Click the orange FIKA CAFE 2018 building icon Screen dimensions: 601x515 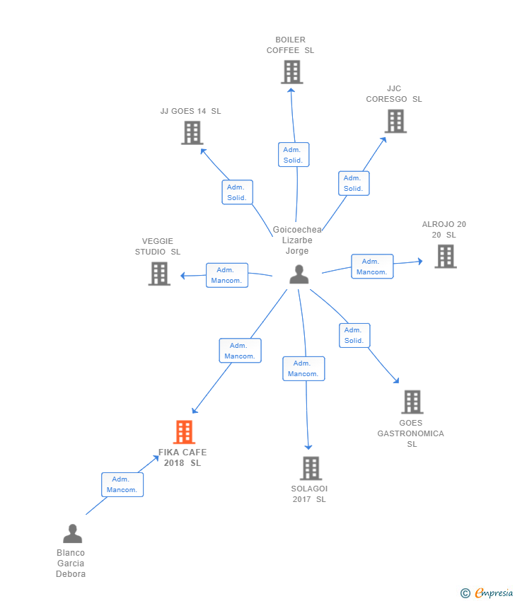pos(184,432)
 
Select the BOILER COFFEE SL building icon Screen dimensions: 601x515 pos(291,72)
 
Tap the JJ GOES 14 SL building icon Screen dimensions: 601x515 pos(192,133)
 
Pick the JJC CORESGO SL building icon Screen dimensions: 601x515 pos(395,121)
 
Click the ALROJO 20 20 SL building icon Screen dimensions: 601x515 pos(445,257)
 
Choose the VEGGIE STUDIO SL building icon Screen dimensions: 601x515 pos(159,274)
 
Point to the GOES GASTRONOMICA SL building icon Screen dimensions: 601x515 pos(412,402)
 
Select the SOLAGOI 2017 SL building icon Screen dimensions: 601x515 pos(311,468)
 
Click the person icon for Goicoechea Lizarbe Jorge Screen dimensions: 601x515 pos(299,274)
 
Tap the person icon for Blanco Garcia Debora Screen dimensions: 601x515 pos(72,534)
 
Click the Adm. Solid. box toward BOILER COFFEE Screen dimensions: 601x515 pos(293,155)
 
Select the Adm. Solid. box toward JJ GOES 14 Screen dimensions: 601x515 pos(237,192)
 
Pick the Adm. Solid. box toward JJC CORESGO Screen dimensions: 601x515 pos(353,183)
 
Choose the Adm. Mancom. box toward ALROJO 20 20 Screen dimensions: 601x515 pos(371,267)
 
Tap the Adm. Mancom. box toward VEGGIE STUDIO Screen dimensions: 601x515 pos(226,275)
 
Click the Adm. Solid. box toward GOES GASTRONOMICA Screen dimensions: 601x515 pos(354,335)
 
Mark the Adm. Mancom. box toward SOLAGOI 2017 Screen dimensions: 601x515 pos(303,368)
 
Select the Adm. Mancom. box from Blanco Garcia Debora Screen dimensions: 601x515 pos(122,484)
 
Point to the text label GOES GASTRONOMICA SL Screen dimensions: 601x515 pos(411,433)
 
